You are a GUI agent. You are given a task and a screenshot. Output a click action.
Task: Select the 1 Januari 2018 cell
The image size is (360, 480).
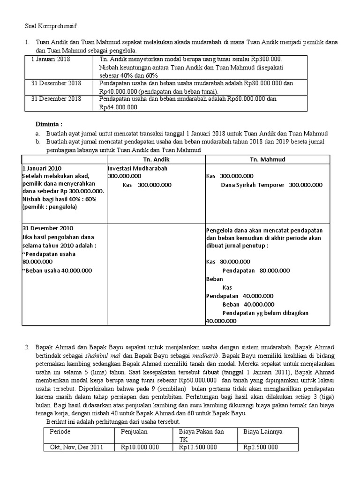[x=50, y=60]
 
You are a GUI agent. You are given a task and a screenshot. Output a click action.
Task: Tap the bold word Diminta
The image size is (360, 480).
[x=49, y=124]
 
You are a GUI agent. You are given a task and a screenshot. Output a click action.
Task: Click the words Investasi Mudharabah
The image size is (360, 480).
[x=137, y=168]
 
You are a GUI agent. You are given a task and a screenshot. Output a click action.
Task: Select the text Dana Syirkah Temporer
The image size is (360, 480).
[x=253, y=185]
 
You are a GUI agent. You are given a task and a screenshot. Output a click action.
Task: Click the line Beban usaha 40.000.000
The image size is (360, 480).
[x=59, y=270]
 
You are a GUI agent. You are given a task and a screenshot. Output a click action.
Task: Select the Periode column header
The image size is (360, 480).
[x=60, y=431]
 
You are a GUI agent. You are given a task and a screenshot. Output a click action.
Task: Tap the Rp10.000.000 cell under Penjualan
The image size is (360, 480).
[x=140, y=447]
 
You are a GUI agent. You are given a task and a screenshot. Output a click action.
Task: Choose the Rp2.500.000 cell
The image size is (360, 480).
[x=261, y=447]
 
